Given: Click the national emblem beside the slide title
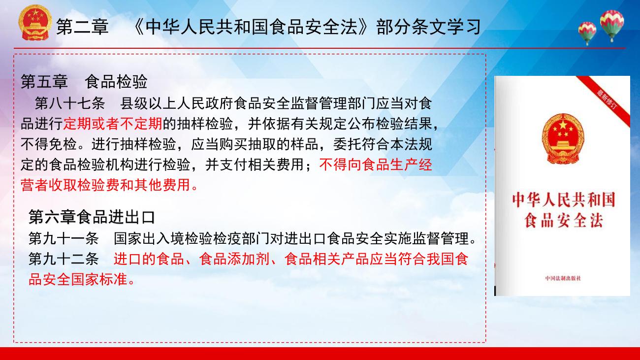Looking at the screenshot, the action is click(35, 23).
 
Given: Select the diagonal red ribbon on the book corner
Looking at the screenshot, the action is click(604, 100).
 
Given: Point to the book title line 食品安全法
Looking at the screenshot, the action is click(563, 221).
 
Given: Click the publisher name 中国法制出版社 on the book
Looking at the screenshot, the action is click(563, 278).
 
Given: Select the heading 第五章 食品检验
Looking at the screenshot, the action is click(84, 81).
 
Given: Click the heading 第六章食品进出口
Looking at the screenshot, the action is click(92, 217).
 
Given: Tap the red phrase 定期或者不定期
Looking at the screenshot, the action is click(113, 124).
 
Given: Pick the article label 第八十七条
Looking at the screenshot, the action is click(70, 103).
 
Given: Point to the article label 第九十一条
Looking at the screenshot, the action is click(64, 238).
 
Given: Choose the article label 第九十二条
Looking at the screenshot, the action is click(64, 259).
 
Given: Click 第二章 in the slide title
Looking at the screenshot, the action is click(82, 27).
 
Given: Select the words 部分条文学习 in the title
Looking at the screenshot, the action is click(429, 27).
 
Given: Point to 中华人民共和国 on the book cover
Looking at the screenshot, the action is click(563, 199).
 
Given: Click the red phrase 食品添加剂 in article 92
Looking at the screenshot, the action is click(234, 259).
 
